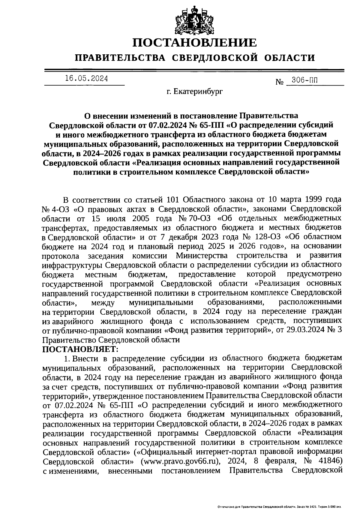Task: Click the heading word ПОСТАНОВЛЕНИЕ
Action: [x=195, y=43]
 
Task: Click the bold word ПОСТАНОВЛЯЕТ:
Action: [x=80, y=349]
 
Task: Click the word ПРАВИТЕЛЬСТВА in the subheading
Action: [x=120, y=57]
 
